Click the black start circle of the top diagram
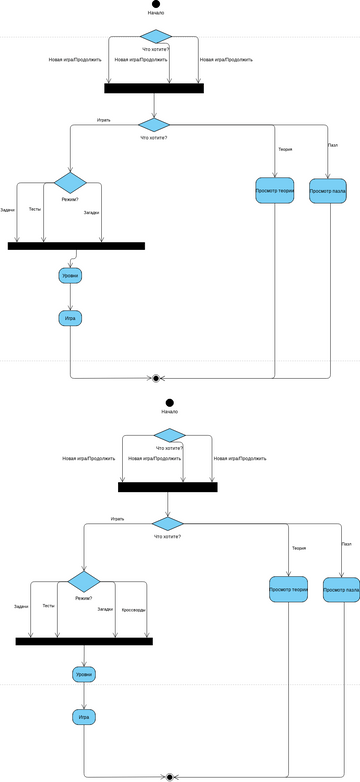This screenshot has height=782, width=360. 155,4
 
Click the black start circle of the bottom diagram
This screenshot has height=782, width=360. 169,402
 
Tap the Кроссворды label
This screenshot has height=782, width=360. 133,609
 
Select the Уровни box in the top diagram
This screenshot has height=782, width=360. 70,275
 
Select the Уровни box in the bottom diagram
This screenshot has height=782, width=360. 84,675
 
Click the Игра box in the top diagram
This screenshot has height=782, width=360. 70,318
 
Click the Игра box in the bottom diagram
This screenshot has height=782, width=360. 84,717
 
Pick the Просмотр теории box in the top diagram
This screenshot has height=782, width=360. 274,190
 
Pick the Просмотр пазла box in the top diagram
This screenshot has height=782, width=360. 327,190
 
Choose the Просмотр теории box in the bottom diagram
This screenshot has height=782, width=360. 288,590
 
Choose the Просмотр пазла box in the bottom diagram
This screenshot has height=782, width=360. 341,590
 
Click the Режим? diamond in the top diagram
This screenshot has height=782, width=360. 70,182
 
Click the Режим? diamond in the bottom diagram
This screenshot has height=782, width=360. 84,581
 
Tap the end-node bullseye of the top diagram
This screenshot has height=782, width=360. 156,378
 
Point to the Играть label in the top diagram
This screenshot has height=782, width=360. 103,120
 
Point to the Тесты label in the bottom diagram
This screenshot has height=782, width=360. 49,606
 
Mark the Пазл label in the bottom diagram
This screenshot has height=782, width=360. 346,544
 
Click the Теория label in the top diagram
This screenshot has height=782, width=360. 285,149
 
